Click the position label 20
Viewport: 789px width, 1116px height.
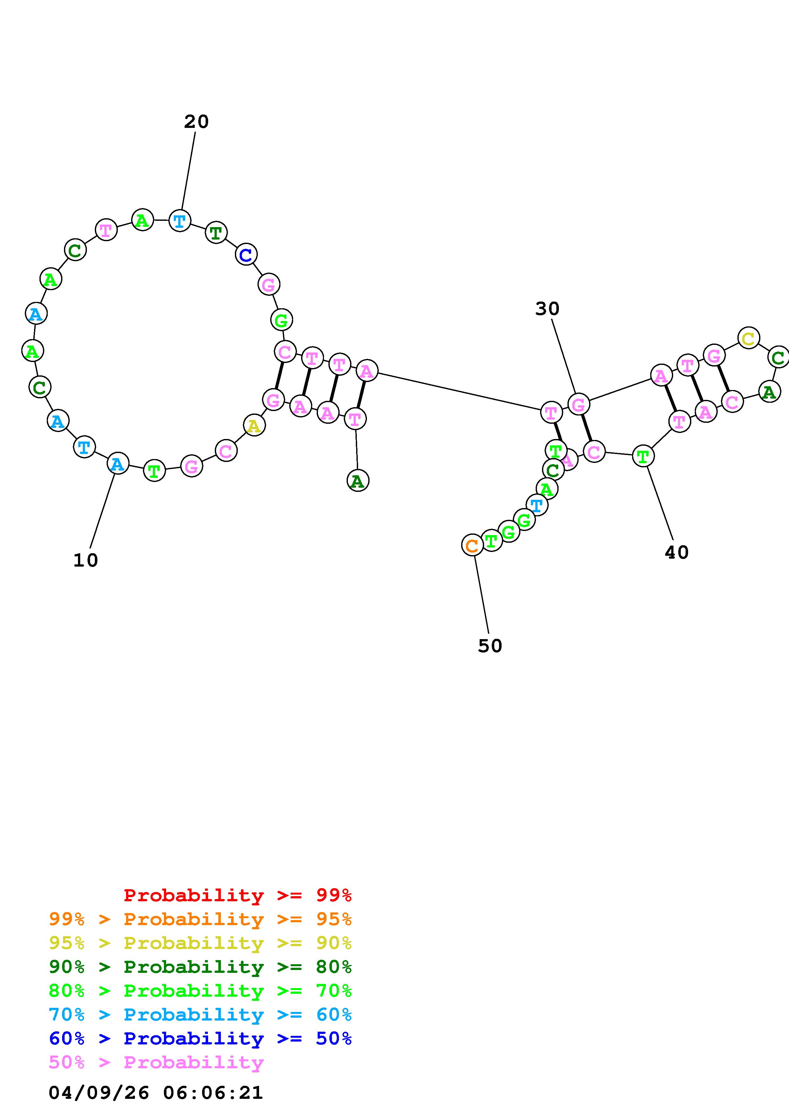click(x=196, y=122)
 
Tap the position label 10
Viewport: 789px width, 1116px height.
click(x=86, y=561)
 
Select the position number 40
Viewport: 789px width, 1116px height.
click(x=676, y=553)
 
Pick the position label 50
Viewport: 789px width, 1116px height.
click(x=490, y=646)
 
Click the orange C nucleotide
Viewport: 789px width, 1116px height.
click(x=472, y=545)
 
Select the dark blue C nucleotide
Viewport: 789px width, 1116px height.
click(x=246, y=255)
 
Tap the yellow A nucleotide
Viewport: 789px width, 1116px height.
click(x=254, y=426)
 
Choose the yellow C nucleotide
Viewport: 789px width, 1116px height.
click(x=748, y=338)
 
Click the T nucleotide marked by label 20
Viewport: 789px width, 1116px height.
click(x=180, y=221)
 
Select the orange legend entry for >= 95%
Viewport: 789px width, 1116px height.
click(x=200, y=919)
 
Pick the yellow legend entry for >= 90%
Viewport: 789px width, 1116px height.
click(x=200, y=943)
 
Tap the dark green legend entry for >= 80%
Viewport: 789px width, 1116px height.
click(x=200, y=967)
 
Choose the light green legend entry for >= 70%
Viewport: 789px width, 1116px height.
click(x=200, y=991)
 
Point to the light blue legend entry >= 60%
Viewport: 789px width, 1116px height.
click(x=200, y=1015)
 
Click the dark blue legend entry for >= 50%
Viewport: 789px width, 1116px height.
click(x=200, y=1038)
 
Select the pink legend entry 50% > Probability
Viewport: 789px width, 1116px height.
click(x=156, y=1062)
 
